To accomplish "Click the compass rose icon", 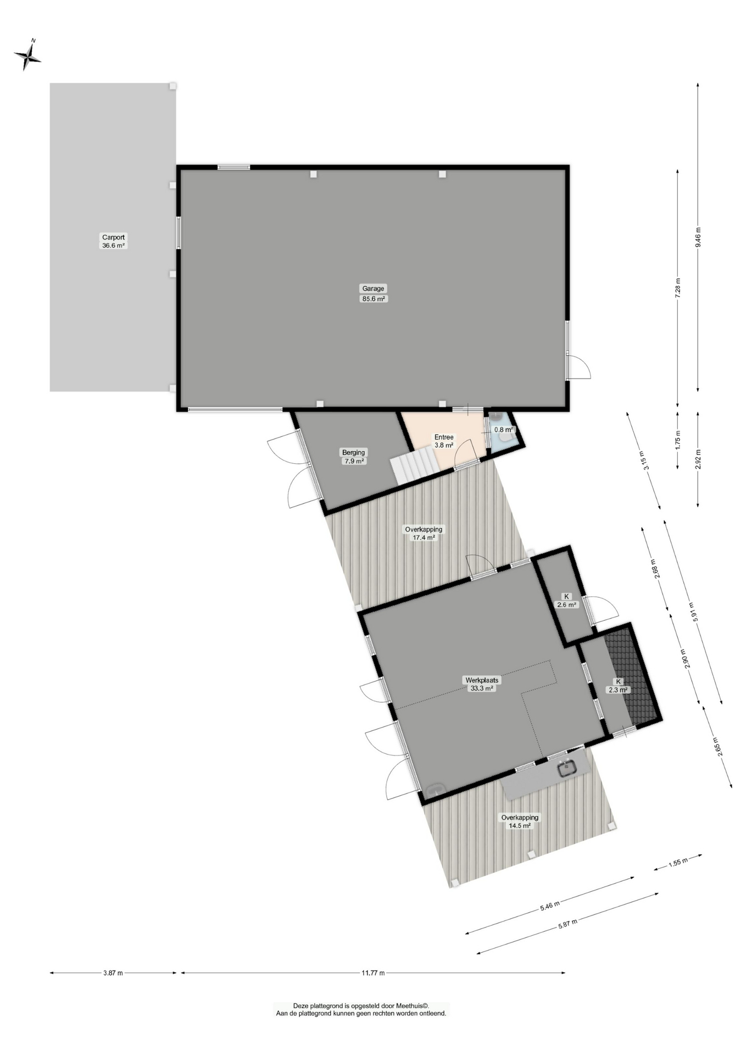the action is coord(27,55).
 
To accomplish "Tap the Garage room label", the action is coord(373,293).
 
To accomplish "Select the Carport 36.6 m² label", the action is coord(113,242).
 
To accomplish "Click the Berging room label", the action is coord(353,457).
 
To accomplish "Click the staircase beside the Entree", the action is coord(415,465).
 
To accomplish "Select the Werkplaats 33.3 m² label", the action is coord(481,684).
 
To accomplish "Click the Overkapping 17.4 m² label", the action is coord(424,534).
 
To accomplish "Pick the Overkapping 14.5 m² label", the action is coord(520,821).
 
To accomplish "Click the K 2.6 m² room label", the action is coord(566,601).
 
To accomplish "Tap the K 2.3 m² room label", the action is coord(618,686).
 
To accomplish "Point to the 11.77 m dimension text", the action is coord(373,973).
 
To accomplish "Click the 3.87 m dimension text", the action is coord(113,973).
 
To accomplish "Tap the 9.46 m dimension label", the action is coord(698,237).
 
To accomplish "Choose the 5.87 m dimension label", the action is coord(567,924).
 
